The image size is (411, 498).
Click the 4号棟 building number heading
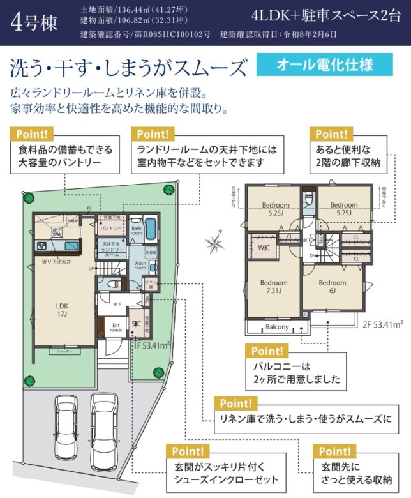click(34, 22)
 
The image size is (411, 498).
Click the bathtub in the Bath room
click(151, 228)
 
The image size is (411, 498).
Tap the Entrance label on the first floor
click(116, 326)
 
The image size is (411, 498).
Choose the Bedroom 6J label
click(332, 287)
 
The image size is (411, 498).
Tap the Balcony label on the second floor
click(277, 327)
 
